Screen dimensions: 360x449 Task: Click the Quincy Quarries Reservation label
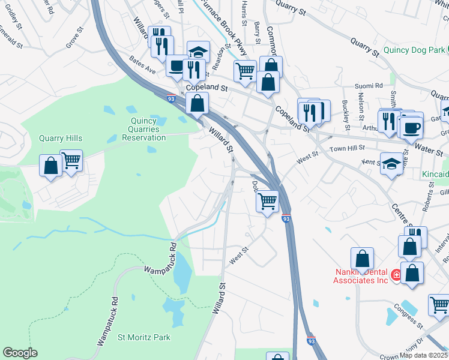click(143, 129)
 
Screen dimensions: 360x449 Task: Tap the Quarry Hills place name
click(61, 138)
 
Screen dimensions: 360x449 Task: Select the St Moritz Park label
click(144, 338)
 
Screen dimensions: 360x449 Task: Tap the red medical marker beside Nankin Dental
click(396, 275)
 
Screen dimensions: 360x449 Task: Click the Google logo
click(20, 353)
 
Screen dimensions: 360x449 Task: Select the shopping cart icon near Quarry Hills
click(71, 161)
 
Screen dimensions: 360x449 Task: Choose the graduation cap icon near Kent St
click(391, 164)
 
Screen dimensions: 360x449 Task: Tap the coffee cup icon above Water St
click(412, 127)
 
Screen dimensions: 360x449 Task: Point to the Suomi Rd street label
click(370, 86)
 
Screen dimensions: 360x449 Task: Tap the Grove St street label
click(73, 41)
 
